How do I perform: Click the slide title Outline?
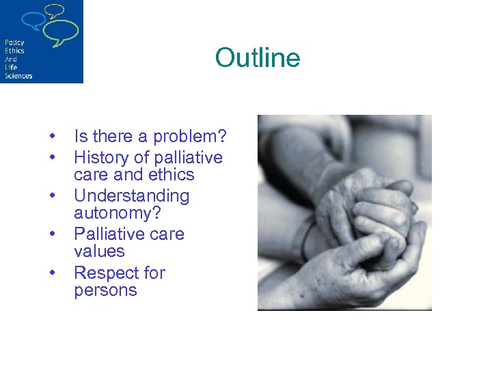[x=257, y=57]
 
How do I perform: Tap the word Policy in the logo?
[x=14, y=43]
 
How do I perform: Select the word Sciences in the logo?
[x=18, y=76]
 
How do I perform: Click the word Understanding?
[x=131, y=196]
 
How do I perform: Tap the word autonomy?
[x=118, y=213]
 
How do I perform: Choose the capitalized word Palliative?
[x=110, y=234]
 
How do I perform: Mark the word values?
[x=99, y=251]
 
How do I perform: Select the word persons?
[x=105, y=290]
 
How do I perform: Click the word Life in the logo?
[x=10, y=68]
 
